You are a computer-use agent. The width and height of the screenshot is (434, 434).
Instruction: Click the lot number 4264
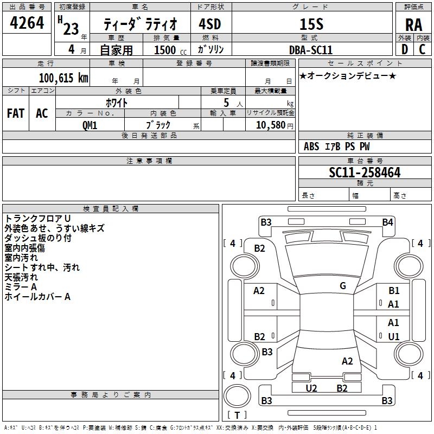(27, 24)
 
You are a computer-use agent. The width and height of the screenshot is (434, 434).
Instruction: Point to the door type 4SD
(210, 24)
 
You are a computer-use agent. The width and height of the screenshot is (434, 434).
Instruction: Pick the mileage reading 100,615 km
(63, 78)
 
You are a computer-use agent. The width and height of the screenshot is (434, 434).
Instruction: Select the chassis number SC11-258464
(365, 173)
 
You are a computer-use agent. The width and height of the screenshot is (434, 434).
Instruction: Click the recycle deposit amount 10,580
(270, 125)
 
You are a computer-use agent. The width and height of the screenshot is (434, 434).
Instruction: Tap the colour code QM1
(90, 125)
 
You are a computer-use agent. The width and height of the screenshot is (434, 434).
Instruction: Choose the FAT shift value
(15, 113)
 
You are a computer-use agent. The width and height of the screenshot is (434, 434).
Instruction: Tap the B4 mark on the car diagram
(387, 222)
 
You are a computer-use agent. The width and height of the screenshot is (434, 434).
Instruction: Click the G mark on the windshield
(342, 286)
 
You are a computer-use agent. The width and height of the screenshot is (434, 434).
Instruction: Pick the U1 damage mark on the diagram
(393, 336)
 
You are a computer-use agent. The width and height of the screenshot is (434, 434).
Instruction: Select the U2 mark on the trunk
(311, 388)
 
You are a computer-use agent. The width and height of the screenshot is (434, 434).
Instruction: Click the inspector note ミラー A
(21, 286)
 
